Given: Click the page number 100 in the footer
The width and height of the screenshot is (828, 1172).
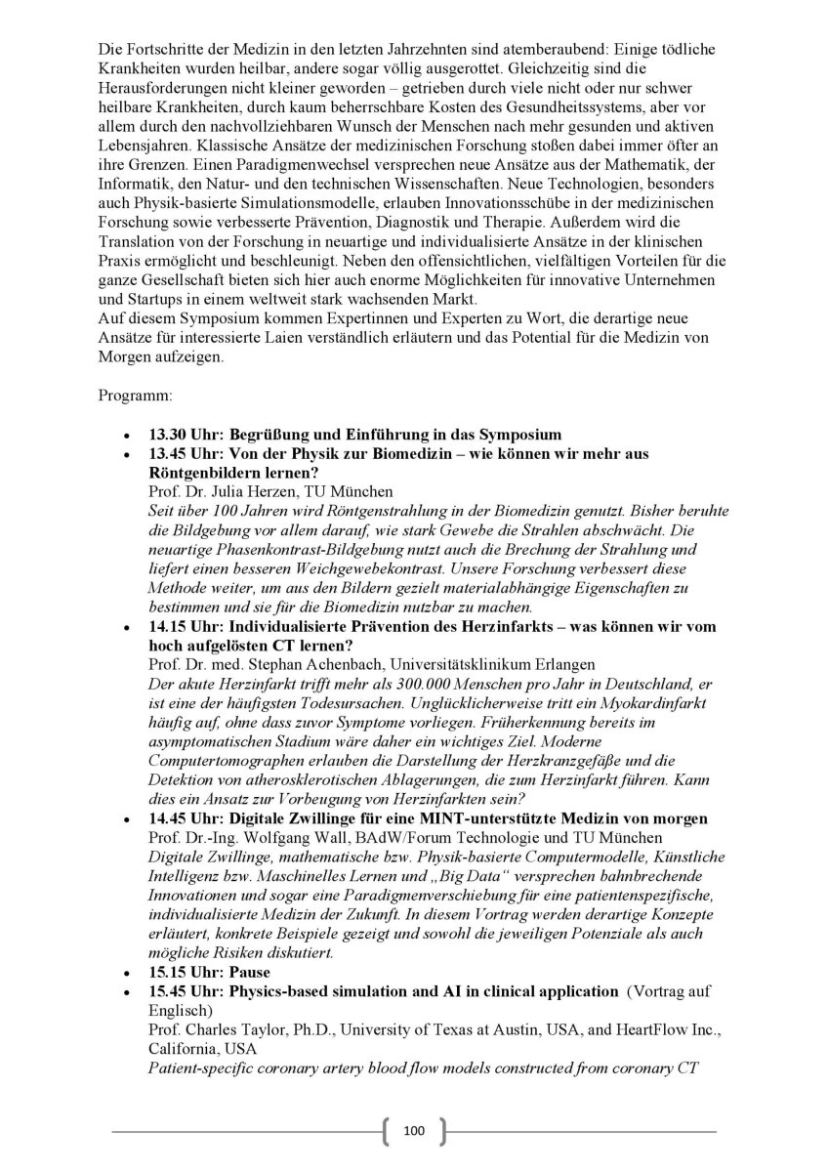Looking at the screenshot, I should coord(413,1131).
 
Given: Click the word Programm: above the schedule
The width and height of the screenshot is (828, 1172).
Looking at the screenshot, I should coord(136,398).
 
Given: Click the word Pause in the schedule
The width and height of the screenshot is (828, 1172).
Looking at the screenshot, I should coord(250,973).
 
